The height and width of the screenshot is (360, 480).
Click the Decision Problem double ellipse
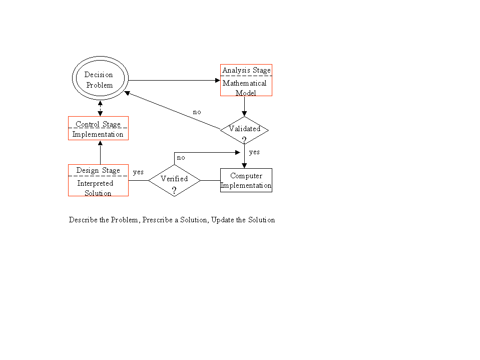(99, 80)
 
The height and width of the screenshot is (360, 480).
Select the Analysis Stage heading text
(246, 70)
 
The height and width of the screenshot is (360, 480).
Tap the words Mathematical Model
(245, 88)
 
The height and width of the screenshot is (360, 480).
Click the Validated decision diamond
(244, 130)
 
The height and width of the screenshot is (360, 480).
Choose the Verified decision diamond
(174, 180)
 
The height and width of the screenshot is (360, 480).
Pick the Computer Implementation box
(246, 180)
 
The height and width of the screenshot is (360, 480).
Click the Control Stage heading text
(98, 124)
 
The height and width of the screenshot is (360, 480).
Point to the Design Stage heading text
(98, 170)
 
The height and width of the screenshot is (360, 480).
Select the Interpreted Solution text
(97, 188)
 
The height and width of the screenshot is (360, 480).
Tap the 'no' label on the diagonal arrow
(197, 112)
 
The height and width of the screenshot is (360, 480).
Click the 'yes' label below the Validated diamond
(254, 152)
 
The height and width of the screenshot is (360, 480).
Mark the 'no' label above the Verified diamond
(181, 158)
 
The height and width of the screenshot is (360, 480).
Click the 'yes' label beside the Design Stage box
(138, 172)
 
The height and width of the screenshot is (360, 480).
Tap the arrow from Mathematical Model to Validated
(244, 106)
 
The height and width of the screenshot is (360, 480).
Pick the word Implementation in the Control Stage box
(98, 134)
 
